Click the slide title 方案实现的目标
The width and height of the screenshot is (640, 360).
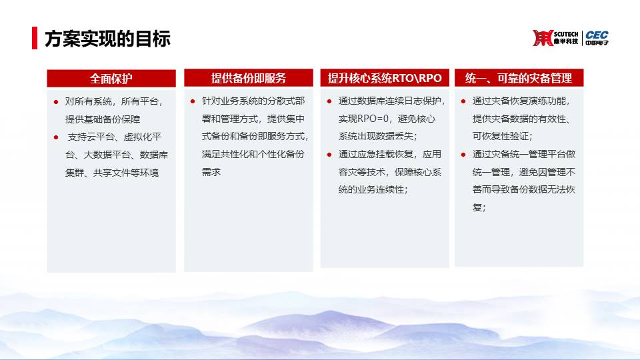[107, 39]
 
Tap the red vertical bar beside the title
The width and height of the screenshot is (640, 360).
[35, 38]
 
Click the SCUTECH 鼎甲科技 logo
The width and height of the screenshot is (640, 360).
[555, 38]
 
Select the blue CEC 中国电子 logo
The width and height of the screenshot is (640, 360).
[597, 38]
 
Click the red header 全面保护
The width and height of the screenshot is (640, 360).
[111, 79]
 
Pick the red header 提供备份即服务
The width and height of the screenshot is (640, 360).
[249, 78]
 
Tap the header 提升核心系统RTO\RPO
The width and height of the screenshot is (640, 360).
[385, 78]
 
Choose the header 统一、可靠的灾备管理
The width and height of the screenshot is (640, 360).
[519, 78]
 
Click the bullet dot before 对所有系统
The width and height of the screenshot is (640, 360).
[56, 102]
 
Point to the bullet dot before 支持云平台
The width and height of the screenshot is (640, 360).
[56, 137]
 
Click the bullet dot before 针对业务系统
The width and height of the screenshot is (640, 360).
[193, 101]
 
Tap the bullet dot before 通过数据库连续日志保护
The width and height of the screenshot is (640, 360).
[329, 101]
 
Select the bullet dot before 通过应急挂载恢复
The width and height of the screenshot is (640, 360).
[329, 155]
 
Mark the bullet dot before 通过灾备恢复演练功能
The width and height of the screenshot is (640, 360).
[463, 101]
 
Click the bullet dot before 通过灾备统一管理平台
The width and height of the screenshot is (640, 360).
[463, 155]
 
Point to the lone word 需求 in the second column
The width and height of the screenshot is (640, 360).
[211, 172]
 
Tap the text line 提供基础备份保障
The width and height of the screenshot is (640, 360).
[103, 119]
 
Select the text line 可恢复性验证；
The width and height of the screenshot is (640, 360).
[503, 136]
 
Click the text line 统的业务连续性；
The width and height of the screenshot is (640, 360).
[373, 190]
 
